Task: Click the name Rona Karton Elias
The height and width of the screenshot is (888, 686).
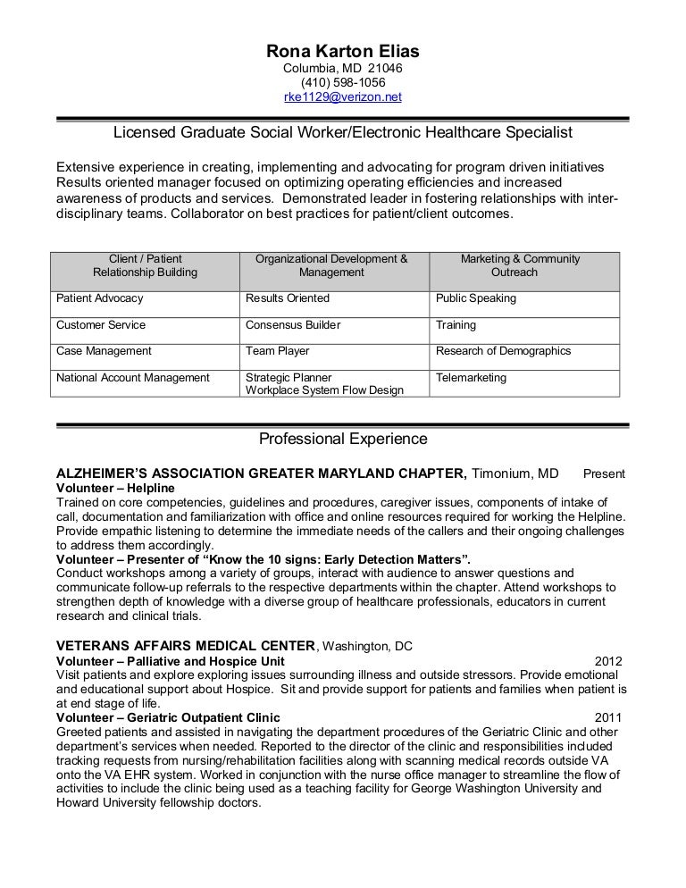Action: [x=342, y=51]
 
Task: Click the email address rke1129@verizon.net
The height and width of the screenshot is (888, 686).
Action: [x=342, y=97]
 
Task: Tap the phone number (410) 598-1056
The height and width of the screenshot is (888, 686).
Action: [x=342, y=82]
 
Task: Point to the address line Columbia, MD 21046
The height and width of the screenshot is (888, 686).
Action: [x=342, y=68]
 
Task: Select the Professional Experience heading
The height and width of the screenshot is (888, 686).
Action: [x=342, y=439]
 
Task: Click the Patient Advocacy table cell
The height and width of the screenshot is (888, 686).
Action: [x=100, y=298]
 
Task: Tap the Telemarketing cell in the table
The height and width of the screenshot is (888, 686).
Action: [x=471, y=378]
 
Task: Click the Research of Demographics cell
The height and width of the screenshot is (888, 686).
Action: [x=503, y=351]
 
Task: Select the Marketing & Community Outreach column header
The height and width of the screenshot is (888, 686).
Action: [x=520, y=265]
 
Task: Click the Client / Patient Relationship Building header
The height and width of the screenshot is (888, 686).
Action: [x=145, y=265]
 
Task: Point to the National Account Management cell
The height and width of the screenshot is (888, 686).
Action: [x=133, y=378]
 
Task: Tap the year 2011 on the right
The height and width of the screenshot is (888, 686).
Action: [x=608, y=717]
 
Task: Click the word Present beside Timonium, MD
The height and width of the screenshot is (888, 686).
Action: [x=604, y=473]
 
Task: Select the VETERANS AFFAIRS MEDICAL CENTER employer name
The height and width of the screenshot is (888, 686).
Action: [x=186, y=646]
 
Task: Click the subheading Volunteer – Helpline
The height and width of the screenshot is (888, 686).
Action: [x=115, y=489]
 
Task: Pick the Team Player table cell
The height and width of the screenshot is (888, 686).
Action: [x=278, y=351]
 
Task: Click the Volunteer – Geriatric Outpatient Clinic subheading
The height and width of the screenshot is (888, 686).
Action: [x=168, y=717]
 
